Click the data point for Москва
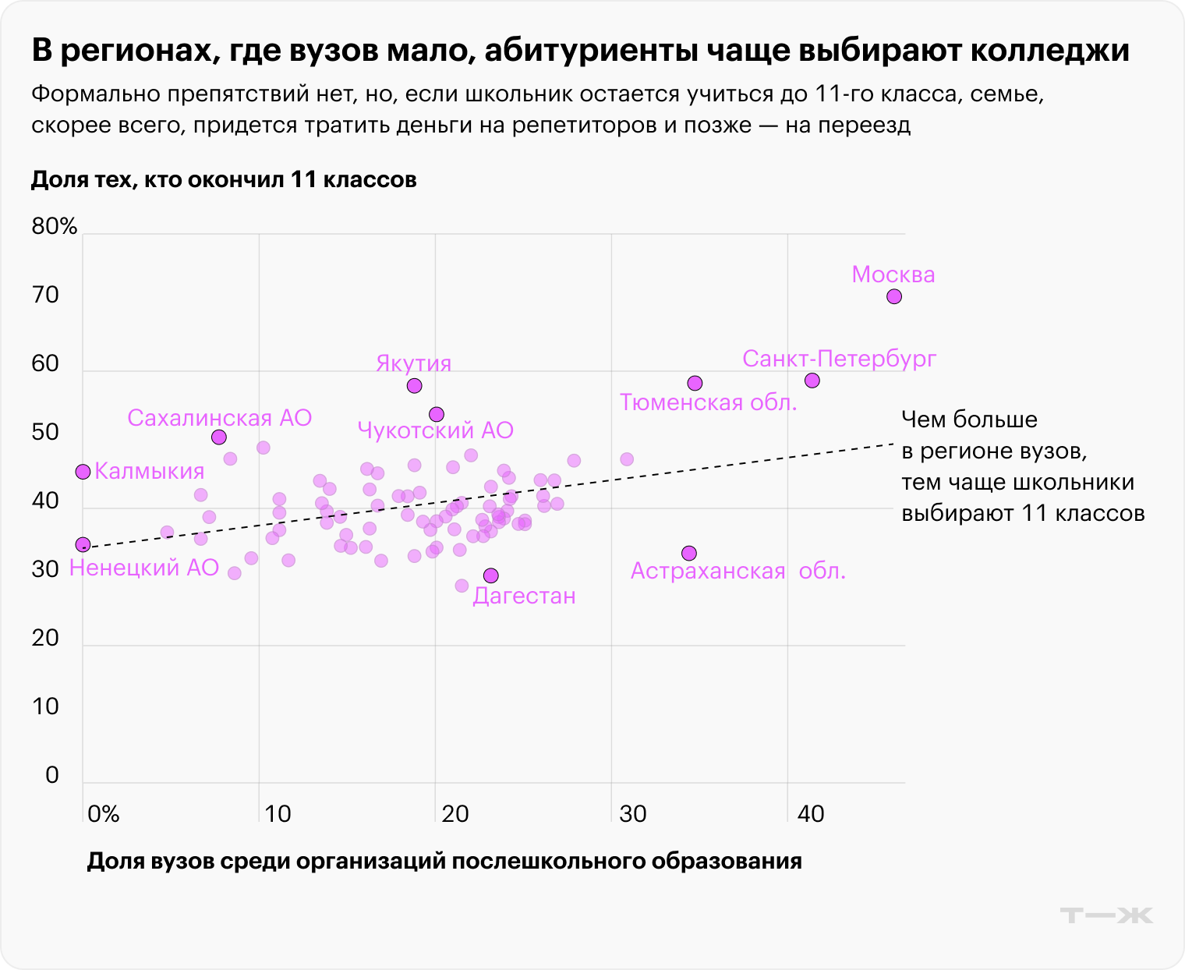tap(894, 296)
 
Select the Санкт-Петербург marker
tap(812, 381)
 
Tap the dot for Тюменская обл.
tap(695, 383)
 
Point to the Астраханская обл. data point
tap(688, 553)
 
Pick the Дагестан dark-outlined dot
tap(490, 575)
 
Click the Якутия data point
tap(414, 386)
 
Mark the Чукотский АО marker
tap(437, 414)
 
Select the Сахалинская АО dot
tap(219, 437)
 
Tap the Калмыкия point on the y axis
tap(83, 472)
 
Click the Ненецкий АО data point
tap(83, 544)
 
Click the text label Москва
tap(893, 274)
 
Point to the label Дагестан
tap(524, 597)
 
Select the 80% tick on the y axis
tap(55, 227)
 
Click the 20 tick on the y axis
tap(45, 639)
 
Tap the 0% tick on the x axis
tap(103, 815)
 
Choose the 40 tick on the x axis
tap(810, 815)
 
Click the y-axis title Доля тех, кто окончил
tap(224, 180)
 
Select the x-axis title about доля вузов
tap(444, 862)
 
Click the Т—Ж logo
tap(1106, 915)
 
